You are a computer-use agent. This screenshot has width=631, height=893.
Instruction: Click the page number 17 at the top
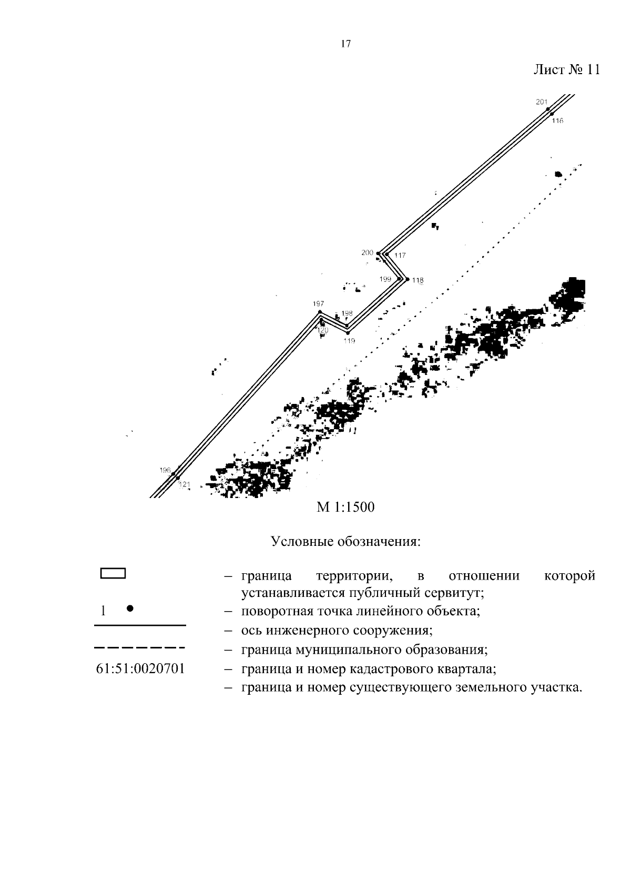[345, 44]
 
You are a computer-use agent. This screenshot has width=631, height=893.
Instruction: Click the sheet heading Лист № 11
[566, 70]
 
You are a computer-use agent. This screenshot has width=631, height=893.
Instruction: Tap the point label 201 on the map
[542, 102]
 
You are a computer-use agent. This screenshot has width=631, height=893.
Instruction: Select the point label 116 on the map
[557, 121]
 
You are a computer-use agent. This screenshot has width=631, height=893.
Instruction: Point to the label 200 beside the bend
[367, 253]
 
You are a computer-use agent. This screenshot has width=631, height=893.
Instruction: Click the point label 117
[400, 256]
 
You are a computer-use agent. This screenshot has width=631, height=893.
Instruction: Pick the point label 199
[385, 279]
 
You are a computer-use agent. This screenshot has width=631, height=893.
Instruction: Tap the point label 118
[418, 280]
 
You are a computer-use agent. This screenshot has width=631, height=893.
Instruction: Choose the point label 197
[318, 303]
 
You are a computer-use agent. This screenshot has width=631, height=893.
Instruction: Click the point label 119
[349, 341]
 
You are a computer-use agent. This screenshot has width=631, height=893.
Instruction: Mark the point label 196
[165, 470]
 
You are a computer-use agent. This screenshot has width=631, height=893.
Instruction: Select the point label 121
[184, 484]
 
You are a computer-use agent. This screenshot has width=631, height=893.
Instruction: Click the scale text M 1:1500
[345, 508]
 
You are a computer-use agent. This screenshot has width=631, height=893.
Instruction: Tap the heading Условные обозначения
[345, 541]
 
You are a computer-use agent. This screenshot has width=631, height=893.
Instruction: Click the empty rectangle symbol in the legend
[113, 573]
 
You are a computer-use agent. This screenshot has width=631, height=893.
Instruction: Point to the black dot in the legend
[130, 608]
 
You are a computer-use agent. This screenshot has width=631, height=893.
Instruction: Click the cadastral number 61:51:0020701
[140, 669]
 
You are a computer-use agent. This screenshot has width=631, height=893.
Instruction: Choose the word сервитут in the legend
[453, 593]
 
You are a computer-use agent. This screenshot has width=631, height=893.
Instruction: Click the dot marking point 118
[407, 280]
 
